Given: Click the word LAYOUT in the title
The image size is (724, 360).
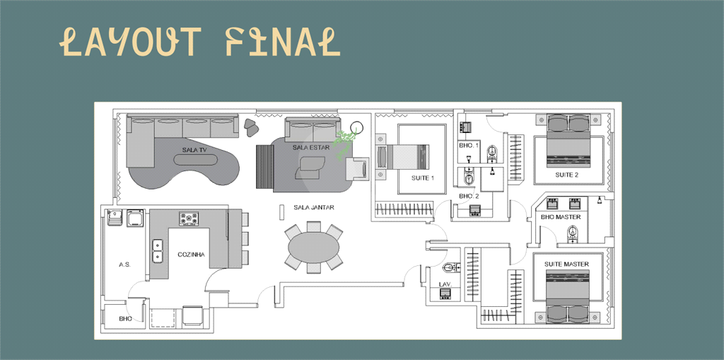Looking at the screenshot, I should (x=128, y=42).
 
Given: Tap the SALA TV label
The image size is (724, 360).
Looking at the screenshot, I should (x=194, y=150).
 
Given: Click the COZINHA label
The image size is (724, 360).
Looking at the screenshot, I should (x=191, y=254).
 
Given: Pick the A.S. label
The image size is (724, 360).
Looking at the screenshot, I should (x=124, y=264).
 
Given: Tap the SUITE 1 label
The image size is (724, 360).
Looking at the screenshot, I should (x=423, y=178).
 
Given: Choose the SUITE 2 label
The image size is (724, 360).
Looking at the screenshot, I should (x=566, y=175).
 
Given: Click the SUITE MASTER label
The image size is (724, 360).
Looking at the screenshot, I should (x=566, y=264).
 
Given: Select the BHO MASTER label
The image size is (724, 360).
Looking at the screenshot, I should (x=561, y=217).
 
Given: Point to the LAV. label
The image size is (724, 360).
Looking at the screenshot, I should (x=445, y=284).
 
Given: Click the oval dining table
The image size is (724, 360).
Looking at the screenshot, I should (x=313, y=247).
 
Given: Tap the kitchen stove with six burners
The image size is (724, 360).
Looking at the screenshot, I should (x=189, y=219).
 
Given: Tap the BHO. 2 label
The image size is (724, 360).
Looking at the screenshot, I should (x=469, y=196).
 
